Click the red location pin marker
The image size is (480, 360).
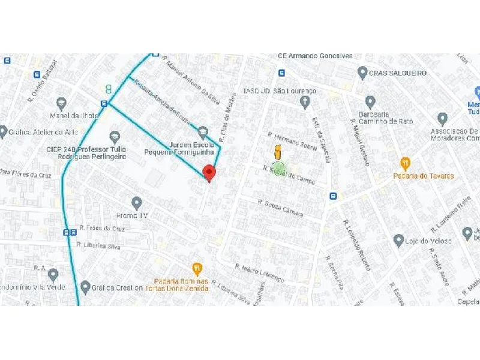(x=209, y=173)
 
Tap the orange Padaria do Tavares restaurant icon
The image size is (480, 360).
(x=406, y=163)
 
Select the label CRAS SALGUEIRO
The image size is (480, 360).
(x=397, y=73)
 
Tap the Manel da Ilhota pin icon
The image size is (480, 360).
(x=61, y=103)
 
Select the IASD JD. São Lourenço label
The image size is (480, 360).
(x=279, y=91)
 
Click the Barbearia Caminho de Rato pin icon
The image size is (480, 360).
(x=370, y=101)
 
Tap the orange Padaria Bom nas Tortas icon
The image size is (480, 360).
(x=196, y=268)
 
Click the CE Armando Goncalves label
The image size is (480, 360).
(x=314, y=55)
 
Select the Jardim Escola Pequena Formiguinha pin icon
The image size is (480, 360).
(x=203, y=132)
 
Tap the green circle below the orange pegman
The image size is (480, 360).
(x=277, y=167)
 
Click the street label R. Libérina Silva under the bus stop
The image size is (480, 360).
(x=98, y=246)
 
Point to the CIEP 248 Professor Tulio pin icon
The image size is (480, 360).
(x=115, y=137)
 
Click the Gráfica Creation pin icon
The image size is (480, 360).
(x=85, y=287)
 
